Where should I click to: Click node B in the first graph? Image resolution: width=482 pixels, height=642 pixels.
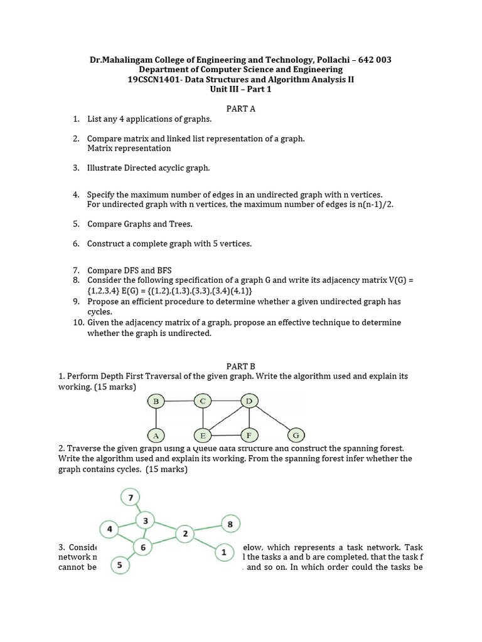[156, 401]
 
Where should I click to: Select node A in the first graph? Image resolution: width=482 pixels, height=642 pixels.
[156, 434]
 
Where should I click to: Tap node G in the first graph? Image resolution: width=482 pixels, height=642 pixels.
[296, 434]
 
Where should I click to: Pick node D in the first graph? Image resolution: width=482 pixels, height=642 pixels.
[249, 401]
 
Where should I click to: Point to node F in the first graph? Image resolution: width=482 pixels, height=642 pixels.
[249, 434]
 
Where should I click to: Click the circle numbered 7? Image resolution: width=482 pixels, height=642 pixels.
[130, 498]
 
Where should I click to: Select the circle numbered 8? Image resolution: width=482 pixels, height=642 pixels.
[230, 524]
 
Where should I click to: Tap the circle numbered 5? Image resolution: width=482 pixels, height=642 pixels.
[119, 566]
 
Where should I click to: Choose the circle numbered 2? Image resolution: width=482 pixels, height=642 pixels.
[185, 534]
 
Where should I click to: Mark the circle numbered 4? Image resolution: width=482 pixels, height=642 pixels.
[109, 529]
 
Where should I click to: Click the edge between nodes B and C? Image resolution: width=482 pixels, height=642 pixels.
[179, 401]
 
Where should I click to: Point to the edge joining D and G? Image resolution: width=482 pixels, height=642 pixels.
[272, 418]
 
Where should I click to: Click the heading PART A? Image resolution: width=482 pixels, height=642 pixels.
[241, 108]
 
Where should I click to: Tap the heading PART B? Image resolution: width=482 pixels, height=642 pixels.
[240, 366]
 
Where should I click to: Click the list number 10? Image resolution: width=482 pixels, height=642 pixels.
[77, 322]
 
